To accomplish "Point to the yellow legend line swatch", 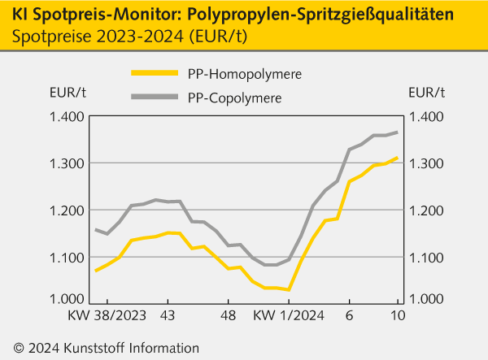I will (x=154, y=73).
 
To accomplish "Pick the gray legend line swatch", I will (x=154, y=98).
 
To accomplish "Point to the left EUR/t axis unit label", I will (x=56, y=91).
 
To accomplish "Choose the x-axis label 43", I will (x=168, y=314).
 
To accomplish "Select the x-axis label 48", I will (x=229, y=314).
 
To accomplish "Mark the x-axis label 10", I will (x=398, y=314).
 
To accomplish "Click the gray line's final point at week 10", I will (x=397, y=132).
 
